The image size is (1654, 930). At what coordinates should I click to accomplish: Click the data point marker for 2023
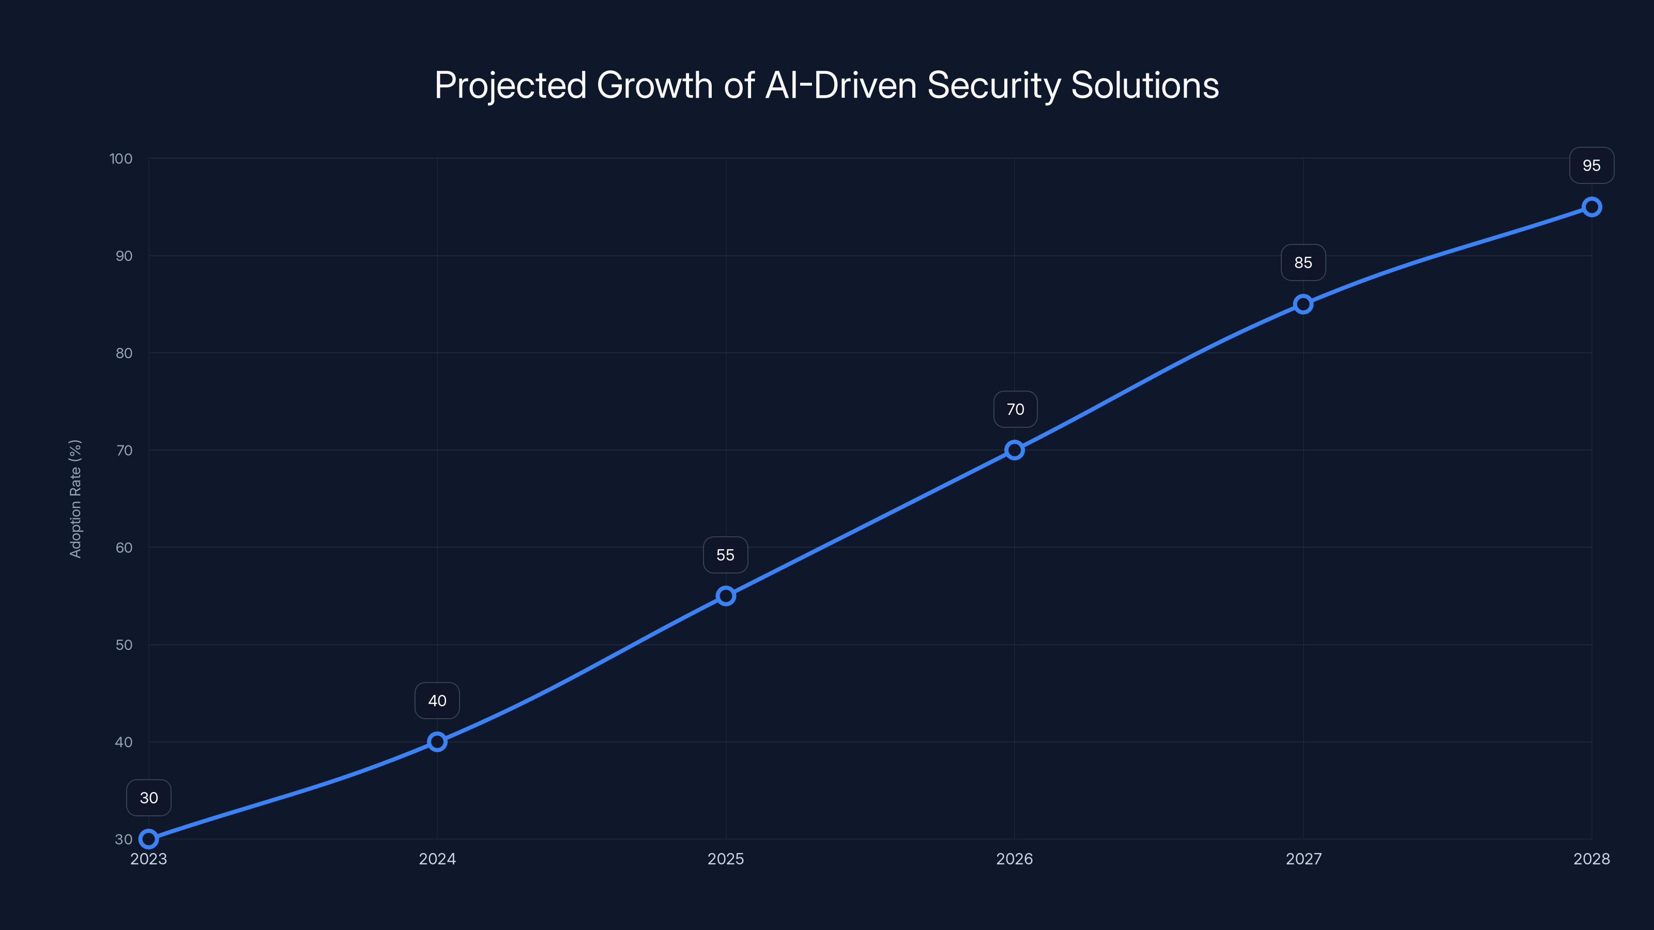coord(148,839)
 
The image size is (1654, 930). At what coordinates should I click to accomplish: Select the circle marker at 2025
coord(726,596)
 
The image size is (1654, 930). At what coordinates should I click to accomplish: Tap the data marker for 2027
coord(1303,304)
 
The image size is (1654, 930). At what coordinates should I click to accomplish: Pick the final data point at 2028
coord(1591,207)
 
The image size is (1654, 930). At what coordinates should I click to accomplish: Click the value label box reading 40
coord(437,700)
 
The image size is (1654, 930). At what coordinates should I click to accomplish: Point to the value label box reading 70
coord(1015,409)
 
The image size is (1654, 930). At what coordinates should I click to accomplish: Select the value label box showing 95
coord(1591,165)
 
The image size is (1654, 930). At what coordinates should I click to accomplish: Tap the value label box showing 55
coord(726,554)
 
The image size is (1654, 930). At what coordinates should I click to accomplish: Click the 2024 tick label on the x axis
coord(437,859)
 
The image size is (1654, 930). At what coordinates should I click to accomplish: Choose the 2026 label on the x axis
coord(1015,859)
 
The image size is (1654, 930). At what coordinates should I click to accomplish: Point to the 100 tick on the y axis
coord(121,159)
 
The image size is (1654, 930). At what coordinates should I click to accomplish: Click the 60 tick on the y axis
coord(124,548)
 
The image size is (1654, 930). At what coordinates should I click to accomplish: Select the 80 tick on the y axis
coord(124,353)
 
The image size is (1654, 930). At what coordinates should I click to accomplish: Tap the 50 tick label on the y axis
coord(124,645)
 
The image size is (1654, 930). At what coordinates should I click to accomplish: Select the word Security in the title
coord(994,85)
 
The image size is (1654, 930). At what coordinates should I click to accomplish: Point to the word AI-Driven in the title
coord(841,85)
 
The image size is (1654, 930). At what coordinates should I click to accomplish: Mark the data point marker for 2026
coord(1015,450)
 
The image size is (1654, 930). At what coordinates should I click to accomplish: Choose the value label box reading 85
coord(1303,262)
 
